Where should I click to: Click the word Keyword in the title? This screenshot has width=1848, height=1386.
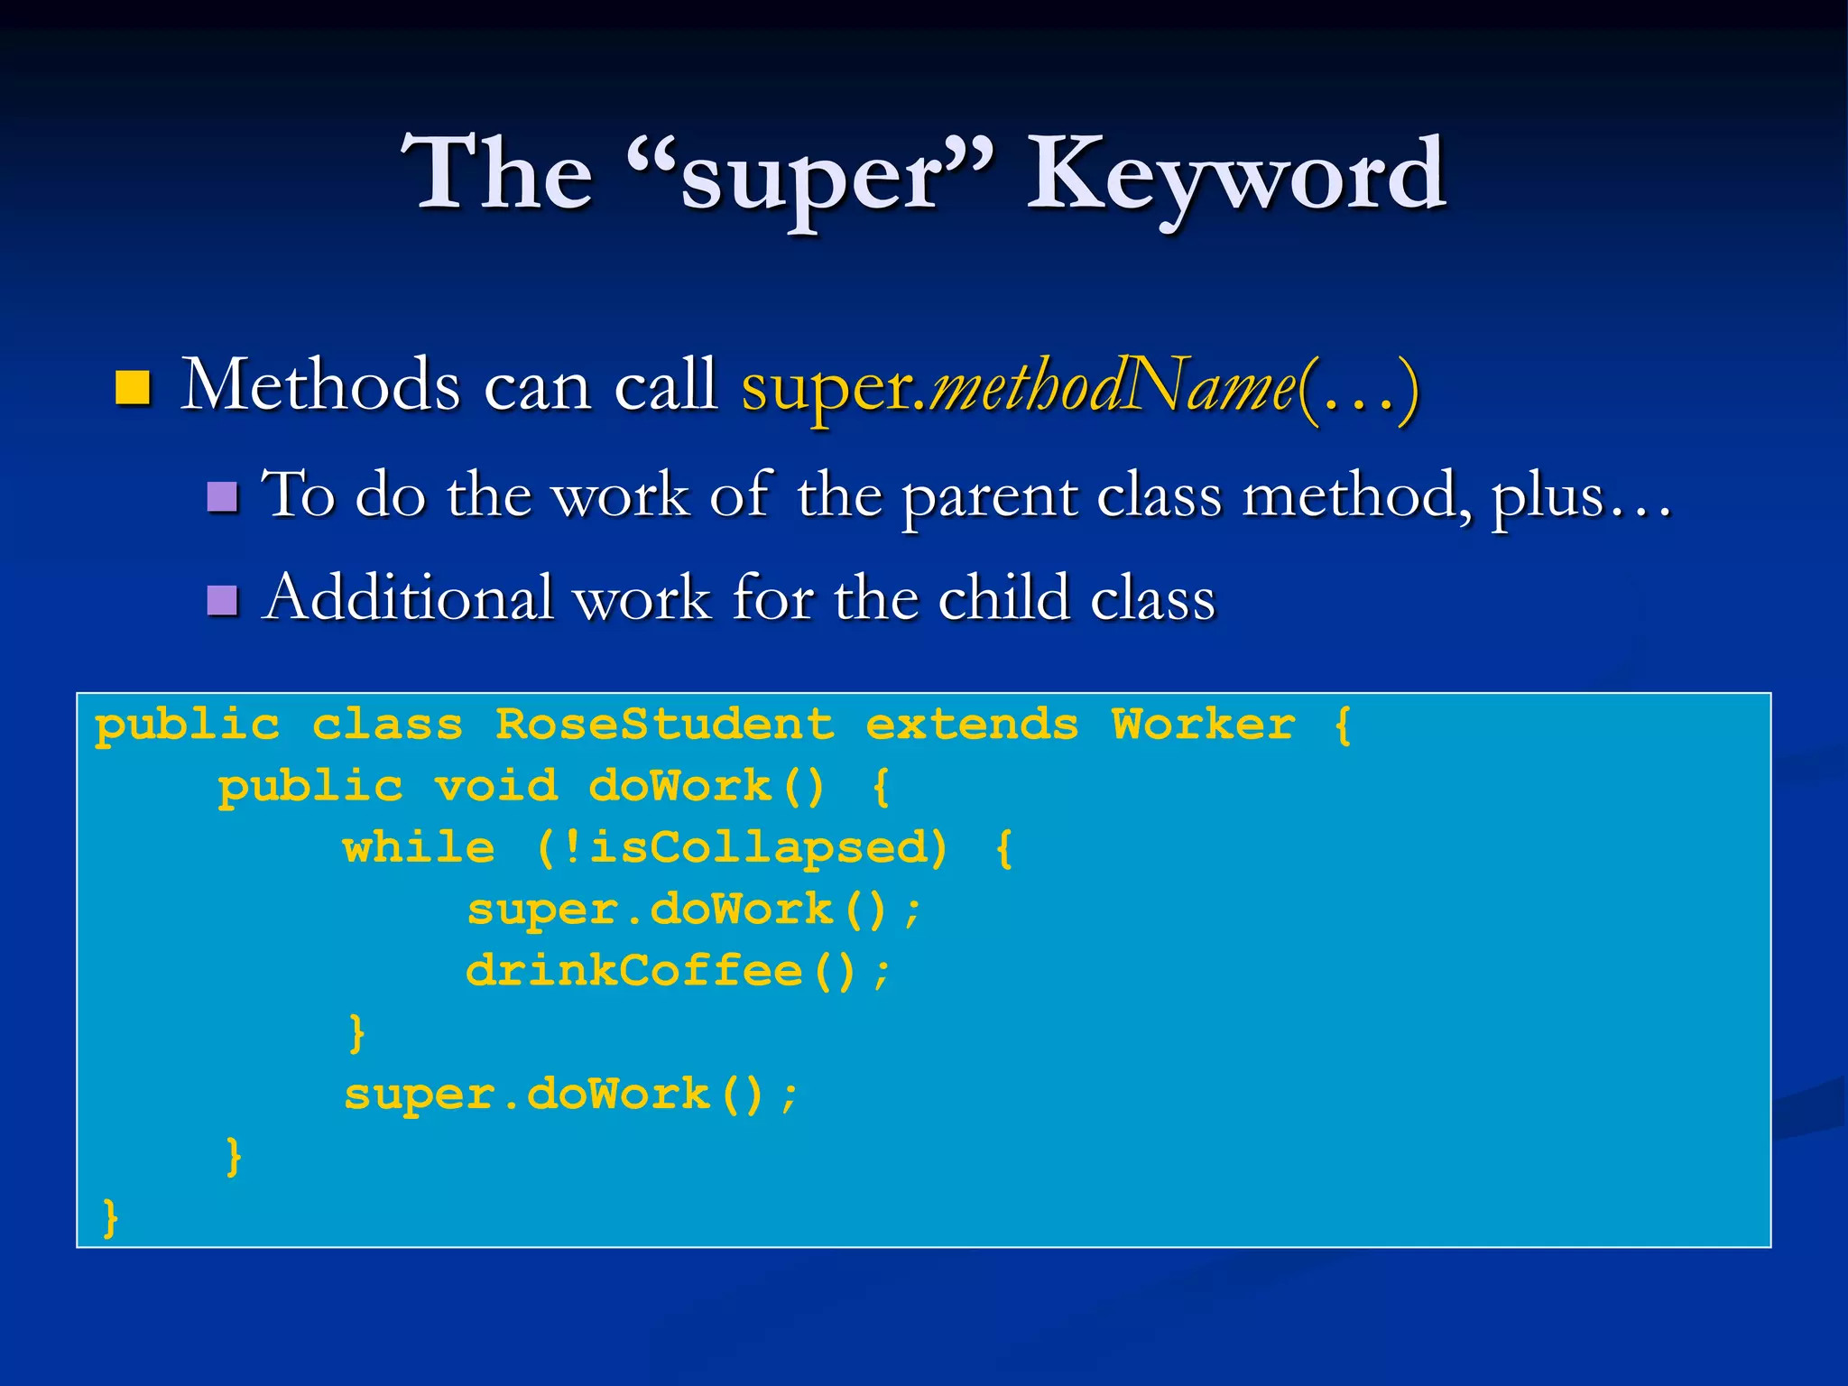pos(1236,176)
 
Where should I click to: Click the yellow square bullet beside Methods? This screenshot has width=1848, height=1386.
pos(133,387)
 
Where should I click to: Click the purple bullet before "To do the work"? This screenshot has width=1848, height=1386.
pos(222,496)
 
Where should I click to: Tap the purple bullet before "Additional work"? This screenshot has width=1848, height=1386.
pos(222,599)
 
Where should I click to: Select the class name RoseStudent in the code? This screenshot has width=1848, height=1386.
pos(665,725)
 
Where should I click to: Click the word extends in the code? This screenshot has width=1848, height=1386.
pos(972,725)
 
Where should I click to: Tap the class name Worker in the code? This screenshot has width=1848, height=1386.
pos(1203,725)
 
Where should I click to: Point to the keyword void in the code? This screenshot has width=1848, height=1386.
pos(495,786)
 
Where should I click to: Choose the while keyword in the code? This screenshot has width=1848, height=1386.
pos(419,847)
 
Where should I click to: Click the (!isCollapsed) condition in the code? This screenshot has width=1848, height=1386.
pos(742,847)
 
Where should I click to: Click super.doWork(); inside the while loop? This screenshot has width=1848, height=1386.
pos(694,910)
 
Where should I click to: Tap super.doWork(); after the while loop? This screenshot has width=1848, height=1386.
pos(570,1095)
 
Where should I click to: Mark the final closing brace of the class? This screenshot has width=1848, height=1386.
pos(110,1217)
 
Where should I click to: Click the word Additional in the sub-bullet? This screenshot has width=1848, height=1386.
pos(407,597)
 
